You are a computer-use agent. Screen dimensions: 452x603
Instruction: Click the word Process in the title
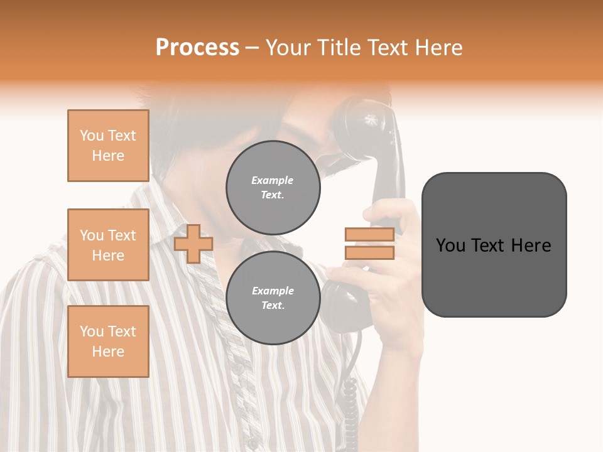coord(197,48)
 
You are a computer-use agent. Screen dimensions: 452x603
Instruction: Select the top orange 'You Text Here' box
coord(108,146)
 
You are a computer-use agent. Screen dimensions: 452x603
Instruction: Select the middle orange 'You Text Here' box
coord(108,245)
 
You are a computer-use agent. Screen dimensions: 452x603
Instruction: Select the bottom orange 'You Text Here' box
coord(108,342)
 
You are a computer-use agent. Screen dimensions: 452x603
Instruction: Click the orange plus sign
coord(193,244)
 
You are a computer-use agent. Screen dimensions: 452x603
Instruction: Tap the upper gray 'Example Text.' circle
coord(273,187)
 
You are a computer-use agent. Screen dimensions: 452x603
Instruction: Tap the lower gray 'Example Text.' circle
coord(273,298)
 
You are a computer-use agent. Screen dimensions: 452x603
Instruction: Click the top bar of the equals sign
coord(369,234)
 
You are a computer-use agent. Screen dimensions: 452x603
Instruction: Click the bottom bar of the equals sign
coord(369,252)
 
